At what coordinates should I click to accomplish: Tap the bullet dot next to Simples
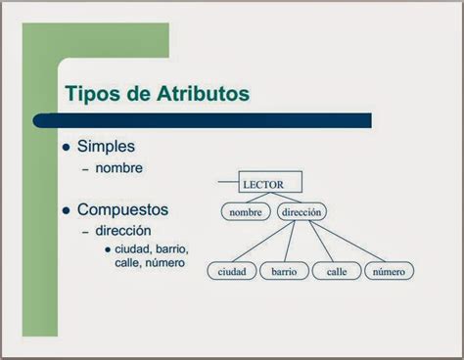click(67, 148)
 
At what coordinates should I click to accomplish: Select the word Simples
click(106, 147)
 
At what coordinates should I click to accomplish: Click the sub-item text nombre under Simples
click(119, 168)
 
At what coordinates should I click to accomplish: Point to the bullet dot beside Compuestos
click(67, 210)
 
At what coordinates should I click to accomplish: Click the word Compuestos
click(123, 209)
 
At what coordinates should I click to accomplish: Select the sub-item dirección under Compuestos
click(123, 231)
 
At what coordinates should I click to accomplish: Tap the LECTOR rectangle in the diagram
click(270, 183)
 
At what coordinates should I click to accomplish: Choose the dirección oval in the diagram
click(302, 211)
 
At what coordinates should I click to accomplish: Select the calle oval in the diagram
click(337, 271)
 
